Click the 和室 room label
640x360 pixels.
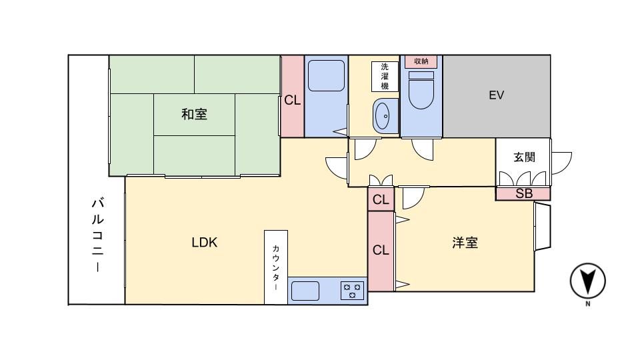pos(194,115)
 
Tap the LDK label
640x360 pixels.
pos(204,243)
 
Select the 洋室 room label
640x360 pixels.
pos(465,243)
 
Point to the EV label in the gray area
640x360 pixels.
pos(496,95)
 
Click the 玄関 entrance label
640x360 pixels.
pos(523,157)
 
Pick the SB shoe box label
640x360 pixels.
pos(523,194)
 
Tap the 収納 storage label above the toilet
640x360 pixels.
pos(421,61)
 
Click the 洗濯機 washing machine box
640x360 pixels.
pos(385,76)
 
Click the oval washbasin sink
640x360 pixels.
pos(383,117)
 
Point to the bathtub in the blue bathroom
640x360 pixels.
pos(326,76)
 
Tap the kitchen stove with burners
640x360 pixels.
pos(352,291)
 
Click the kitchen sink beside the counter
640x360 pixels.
pos(305,291)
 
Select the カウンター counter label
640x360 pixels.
pos(275,267)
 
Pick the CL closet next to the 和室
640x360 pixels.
pos(292,100)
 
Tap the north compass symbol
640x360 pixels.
pos(587,281)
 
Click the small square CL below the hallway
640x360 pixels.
pos(381,199)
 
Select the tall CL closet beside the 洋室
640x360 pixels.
pos(381,251)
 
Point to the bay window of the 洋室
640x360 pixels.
pos(542,227)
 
